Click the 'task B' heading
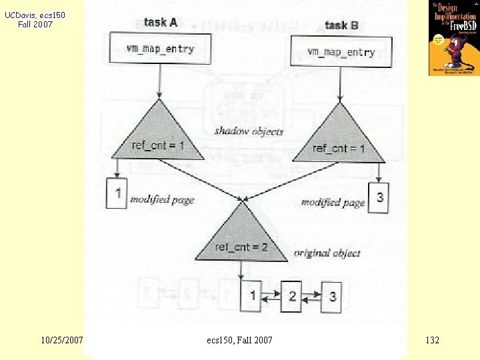341,25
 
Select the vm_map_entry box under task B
341,52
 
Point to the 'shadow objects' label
249,131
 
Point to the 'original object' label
327,253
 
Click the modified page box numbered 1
117,193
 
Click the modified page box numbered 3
379,197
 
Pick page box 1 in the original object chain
252,295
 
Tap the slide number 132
432,340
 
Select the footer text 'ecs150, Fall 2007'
240,340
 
